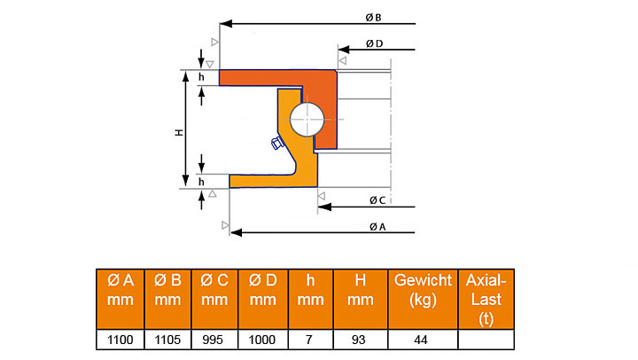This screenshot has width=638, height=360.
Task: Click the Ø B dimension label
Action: pyautogui.click(x=373, y=18)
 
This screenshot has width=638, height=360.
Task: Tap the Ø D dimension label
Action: pyautogui.click(x=374, y=43)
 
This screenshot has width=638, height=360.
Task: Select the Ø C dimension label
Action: pyautogui.click(x=377, y=200)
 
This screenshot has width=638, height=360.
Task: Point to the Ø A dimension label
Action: pyautogui.click(x=377, y=227)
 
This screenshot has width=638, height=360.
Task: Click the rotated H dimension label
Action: pyautogui.click(x=179, y=132)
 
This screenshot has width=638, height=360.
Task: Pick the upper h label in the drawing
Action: pyautogui.click(x=201, y=77)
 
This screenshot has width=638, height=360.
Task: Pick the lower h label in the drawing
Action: pyautogui.click(x=201, y=182)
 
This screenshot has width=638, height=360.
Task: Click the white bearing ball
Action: pyautogui.click(x=307, y=120)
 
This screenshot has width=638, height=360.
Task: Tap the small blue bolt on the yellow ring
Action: pyautogui.click(x=276, y=144)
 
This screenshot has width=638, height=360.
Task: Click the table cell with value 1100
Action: pyautogui.click(x=120, y=340)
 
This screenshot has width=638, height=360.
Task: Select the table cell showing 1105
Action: pyautogui.click(x=167, y=340)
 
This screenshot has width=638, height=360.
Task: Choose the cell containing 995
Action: pyautogui.click(x=214, y=340)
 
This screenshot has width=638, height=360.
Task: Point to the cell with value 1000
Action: pyautogui.click(x=263, y=340)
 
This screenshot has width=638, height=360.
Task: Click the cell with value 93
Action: pyautogui.click(x=360, y=340)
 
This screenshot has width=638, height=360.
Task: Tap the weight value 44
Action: pyautogui.click(x=423, y=340)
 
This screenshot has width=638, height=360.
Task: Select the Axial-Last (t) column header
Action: pyautogui.click(x=486, y=299)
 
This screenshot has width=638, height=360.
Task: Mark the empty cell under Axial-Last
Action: pyautogui.click(x=486, y=340)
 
